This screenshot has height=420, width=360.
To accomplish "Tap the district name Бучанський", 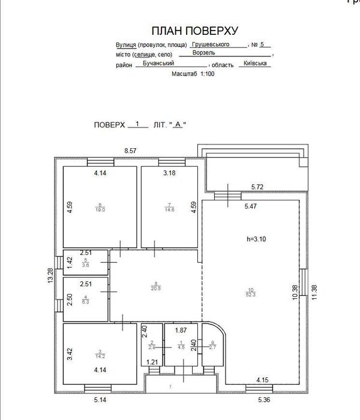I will point(155,62).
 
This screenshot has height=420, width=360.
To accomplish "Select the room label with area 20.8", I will point(156,287).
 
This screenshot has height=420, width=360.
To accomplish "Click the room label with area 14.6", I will point(169,207).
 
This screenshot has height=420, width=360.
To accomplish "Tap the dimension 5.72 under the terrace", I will point(258,187).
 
